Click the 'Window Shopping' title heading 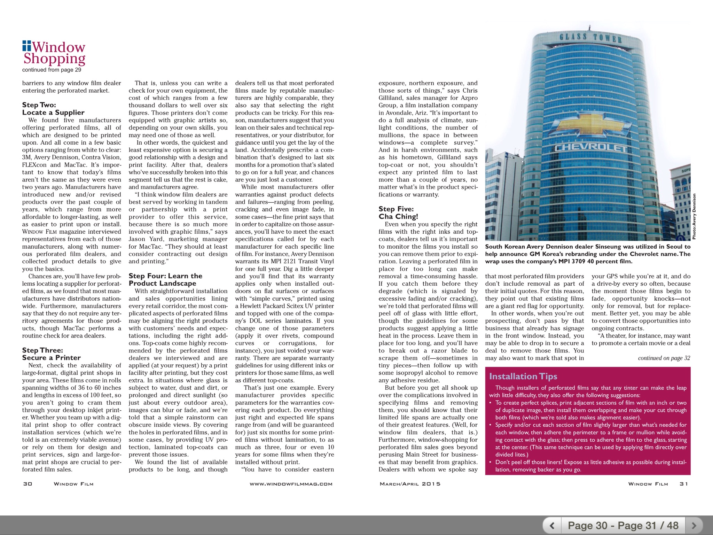54,53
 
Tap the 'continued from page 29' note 52,70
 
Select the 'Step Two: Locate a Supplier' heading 53,109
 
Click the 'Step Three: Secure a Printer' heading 51,354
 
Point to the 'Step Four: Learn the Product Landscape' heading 165,280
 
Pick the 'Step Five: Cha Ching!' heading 398,212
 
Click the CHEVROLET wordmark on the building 590,148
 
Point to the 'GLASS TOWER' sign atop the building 590,38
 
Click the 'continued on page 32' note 664,358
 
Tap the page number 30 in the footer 28,484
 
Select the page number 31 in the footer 684,484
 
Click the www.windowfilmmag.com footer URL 291,484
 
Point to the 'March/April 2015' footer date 410,484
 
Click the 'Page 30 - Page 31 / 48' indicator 623,525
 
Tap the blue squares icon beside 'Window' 26,46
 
